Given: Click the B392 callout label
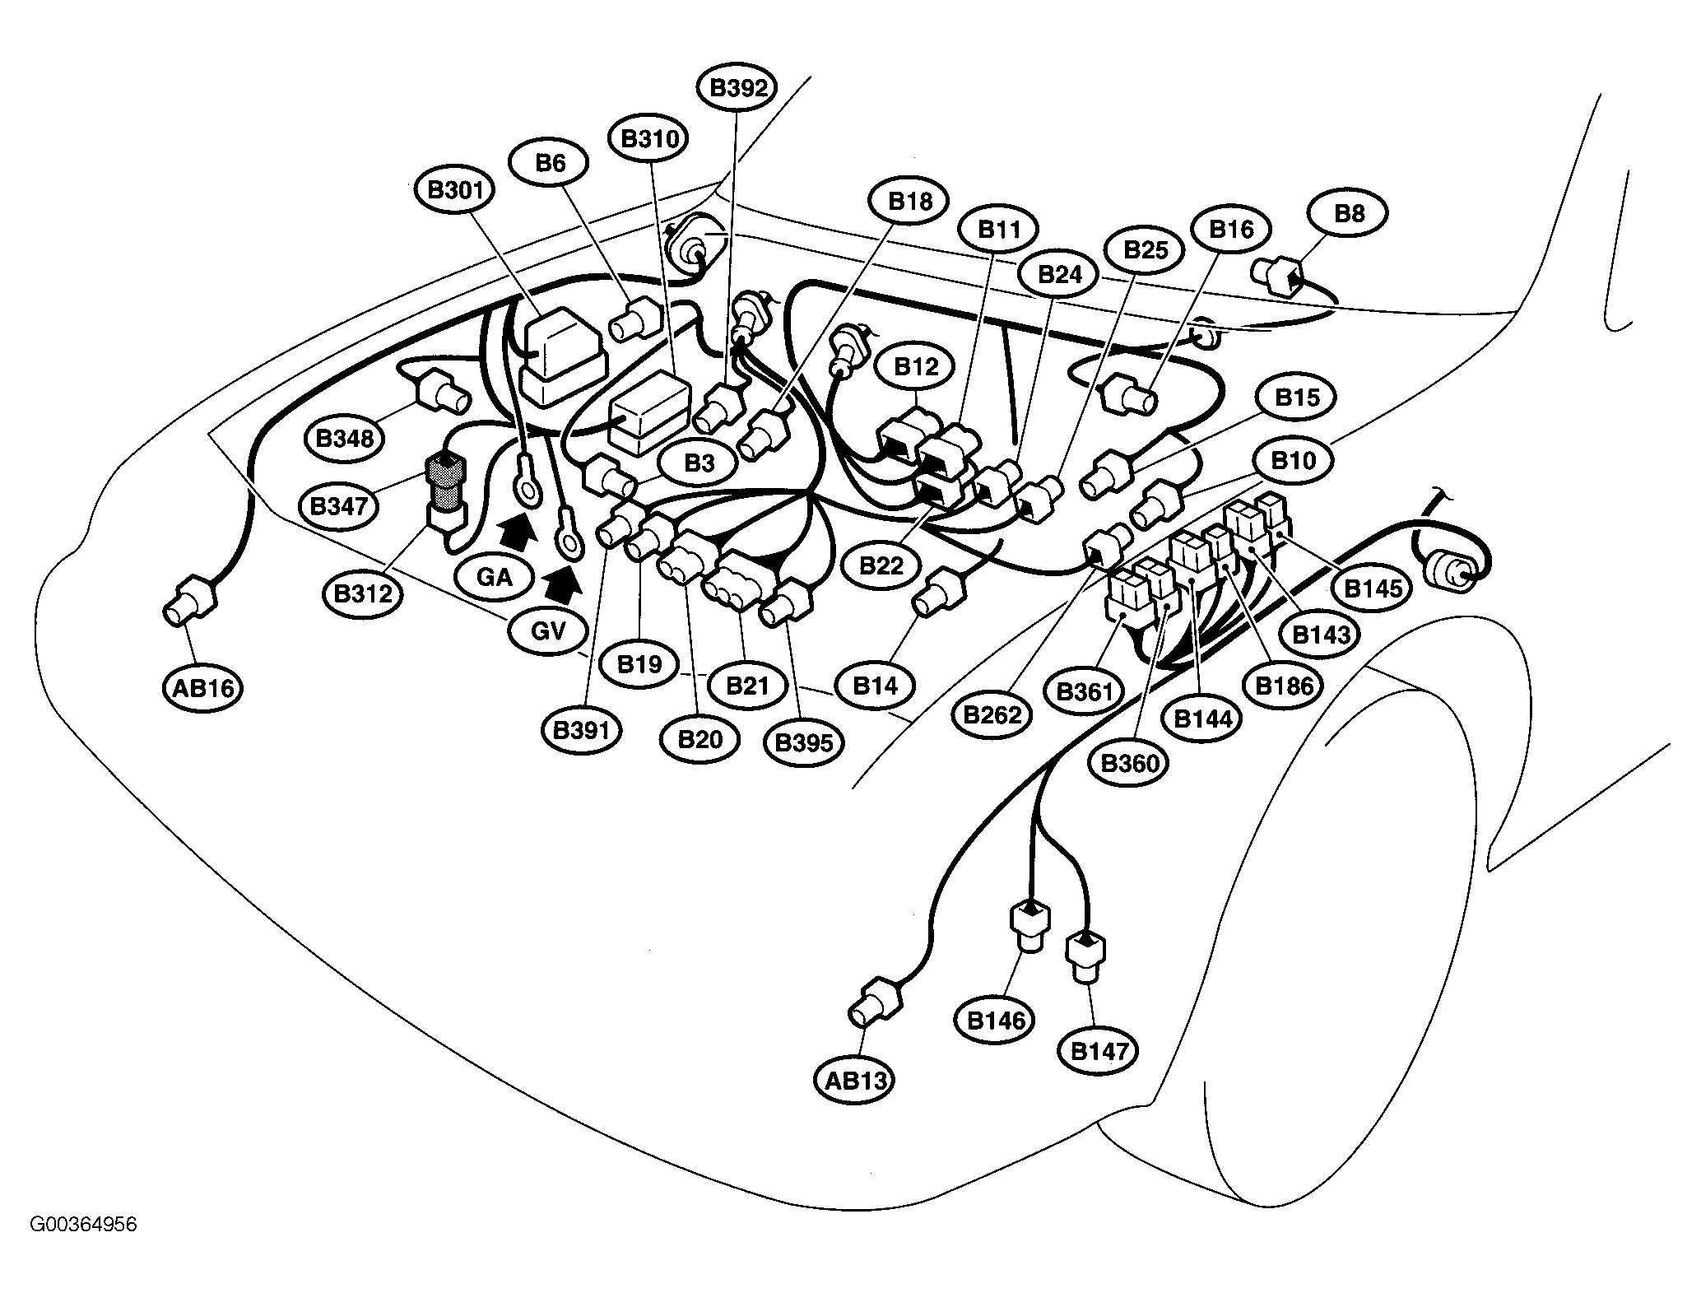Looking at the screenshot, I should pos(737,89).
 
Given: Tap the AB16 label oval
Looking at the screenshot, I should pos(202,687).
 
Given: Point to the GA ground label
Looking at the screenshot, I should pos(495,576).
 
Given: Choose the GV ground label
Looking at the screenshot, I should pos(548,631).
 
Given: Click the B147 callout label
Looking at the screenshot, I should pos(1099,1051).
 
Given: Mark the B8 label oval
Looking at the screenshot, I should pos(1350,214).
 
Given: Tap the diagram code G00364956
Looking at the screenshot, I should pos(83,1248).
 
